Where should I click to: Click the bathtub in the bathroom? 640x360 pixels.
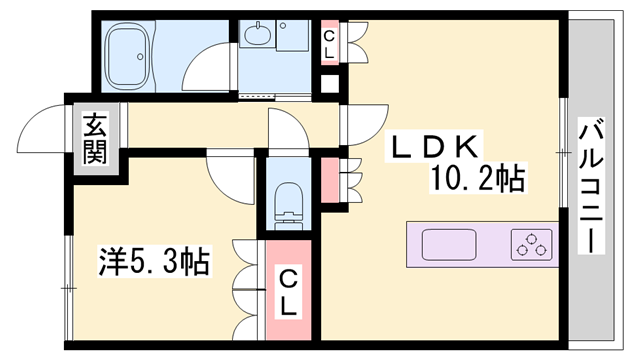coord(129,56)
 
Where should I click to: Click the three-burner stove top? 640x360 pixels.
coord(531,243)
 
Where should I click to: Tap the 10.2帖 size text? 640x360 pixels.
coord(478,180)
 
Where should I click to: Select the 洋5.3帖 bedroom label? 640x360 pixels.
coord(153,263)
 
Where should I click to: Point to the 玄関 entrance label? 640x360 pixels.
coord(94,140)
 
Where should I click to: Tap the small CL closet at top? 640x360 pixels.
coord(328,43)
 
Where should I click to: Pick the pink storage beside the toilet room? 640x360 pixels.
coord(329,178)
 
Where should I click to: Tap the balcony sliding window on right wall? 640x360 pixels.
coord(563,150)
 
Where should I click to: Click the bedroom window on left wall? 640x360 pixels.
coord(68,285)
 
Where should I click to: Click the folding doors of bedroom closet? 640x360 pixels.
coord(245,290)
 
